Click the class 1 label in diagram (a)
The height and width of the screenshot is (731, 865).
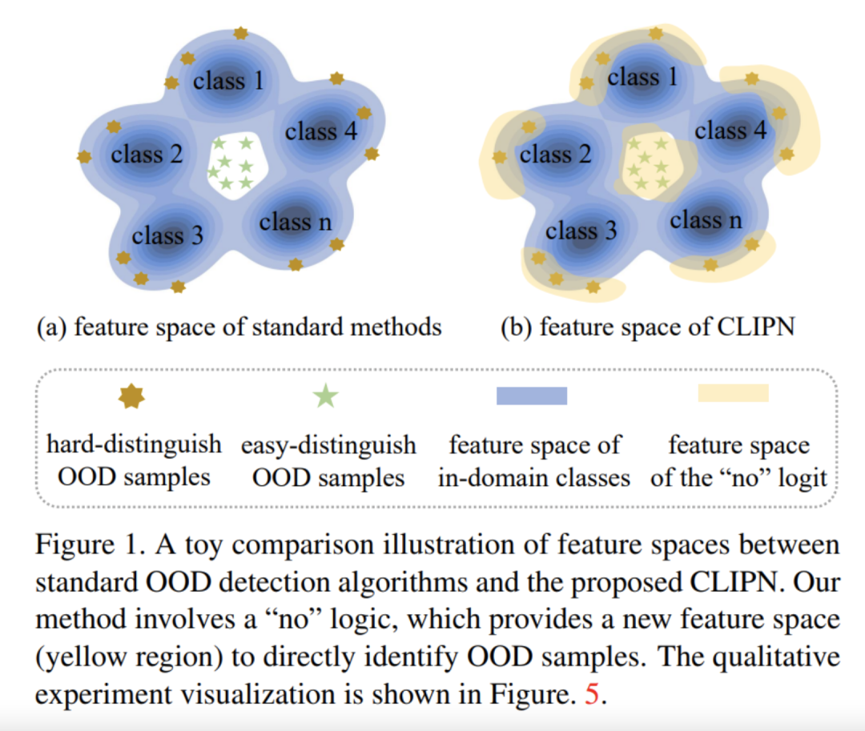click(x=228, y=81)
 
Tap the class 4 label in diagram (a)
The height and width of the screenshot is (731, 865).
click(x=321, y=131)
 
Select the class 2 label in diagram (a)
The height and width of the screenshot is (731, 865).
click(x=147, y=154)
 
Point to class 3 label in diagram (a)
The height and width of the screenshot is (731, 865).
click(x=167, y=236)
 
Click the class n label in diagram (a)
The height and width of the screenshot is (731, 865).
click(x=295, y=222)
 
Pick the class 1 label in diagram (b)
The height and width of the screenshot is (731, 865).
click(x=642, y=78)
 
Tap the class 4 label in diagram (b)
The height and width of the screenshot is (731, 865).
click(x=730, y=131)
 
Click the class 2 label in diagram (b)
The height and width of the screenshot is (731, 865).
click(x=555, y=154)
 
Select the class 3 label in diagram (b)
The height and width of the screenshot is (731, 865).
click(x=581, y=231)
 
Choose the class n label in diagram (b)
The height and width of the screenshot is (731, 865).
click(x=706, y=219)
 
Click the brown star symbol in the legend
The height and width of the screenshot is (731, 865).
click(x=131, y=396)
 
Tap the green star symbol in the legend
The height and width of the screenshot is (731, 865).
click(x=325, y=396)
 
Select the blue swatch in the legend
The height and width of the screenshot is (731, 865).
click(x=532, y=396)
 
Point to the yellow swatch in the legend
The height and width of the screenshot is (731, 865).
click(x=733, y=393)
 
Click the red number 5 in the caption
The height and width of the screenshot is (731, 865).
click(x=592, y=694)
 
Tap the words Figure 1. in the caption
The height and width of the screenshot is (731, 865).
click(x=82, y=545)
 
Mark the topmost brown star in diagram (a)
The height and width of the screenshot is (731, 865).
click(x=240, y=34)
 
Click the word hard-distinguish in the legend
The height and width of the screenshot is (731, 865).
click(x=135, y=444)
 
